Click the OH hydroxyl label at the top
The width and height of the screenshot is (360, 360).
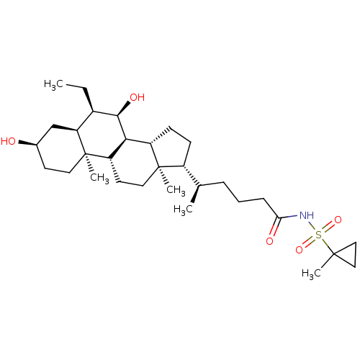coord(137,97)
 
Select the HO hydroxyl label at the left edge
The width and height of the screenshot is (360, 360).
coord(9,141)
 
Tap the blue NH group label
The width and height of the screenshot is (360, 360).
coord(307,215)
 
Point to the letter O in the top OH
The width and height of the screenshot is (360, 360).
coord(133,97)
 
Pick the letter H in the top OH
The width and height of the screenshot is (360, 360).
coord(141,97)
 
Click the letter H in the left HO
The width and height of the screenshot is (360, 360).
coord(4,141)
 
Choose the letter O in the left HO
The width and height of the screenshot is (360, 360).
coord(12,141)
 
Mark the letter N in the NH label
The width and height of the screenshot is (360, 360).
coord(303,215)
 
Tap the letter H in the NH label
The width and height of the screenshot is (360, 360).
coord(311,215)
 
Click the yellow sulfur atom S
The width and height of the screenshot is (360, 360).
coord(319,235)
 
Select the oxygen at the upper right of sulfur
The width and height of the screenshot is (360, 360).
coord(338,220)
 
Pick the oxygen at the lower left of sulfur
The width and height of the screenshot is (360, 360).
coord(300,250)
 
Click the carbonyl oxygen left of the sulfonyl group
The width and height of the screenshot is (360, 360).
coord(269,241)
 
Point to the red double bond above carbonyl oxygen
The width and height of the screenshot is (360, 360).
coord(273,230)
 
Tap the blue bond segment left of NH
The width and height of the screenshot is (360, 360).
coord(292,216)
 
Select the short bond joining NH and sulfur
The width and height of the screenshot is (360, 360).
coord(313,225)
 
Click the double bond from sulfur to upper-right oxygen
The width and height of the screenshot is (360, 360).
coord(328,227)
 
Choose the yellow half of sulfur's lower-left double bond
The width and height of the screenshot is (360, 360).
coord(312,240)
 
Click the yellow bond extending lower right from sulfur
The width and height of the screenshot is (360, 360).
coord(325,241)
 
